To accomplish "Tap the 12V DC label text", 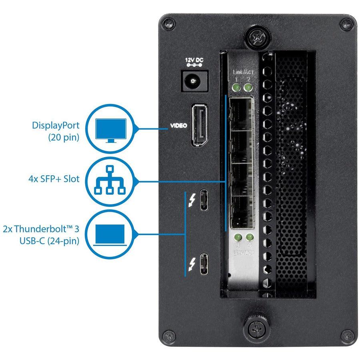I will click(x=194, y=61).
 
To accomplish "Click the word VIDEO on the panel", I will click(x=179, y=126).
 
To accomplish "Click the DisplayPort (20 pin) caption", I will click(x=56, y=130).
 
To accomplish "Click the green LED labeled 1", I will click(x=237, y=88).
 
